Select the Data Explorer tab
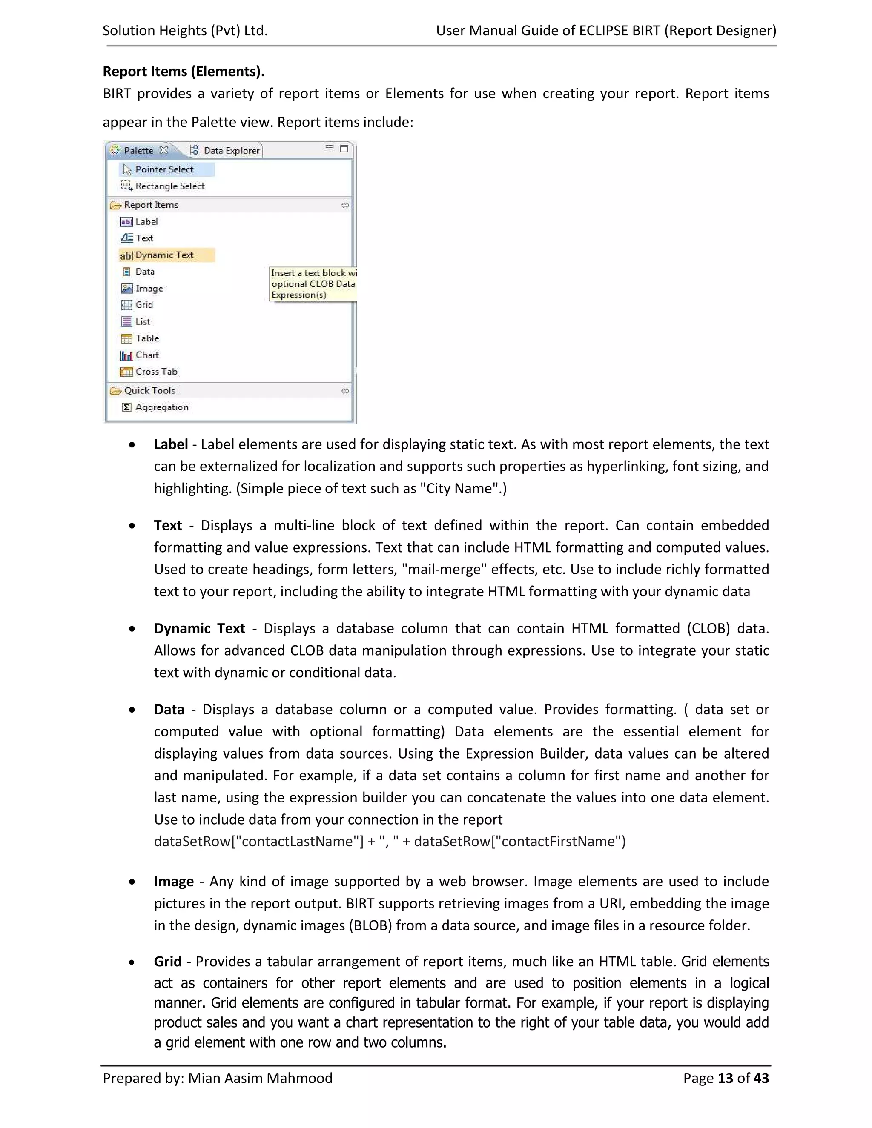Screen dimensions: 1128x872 click(x=230, y=150)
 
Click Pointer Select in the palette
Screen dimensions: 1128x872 click(x=164, y=169)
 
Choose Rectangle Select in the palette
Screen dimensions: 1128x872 click(x=169, y=186)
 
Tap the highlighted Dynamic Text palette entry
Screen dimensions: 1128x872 click(x=164, y=255)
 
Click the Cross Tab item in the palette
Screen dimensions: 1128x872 click(x=155, y=372)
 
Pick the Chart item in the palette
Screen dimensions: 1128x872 click(x=147, y=355)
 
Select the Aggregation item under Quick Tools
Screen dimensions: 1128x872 click(x=161, y=407)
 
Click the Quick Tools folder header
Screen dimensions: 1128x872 click(x=149, y=390)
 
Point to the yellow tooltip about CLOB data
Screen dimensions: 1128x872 click(x=313, y=284)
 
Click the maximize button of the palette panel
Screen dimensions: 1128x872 click(x=344, y=149)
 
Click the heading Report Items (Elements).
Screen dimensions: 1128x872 click(x=184, y=71)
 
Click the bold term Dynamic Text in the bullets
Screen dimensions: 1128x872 click(x=199, y=629)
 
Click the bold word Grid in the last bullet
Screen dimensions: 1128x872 click(x=167, y=962)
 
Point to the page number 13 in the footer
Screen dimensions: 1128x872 click(x=725, y=1079)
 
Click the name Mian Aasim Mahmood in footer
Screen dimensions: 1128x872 click(x=260, y=1079)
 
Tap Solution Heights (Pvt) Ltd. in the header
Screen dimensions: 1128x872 click(x=185, y=31)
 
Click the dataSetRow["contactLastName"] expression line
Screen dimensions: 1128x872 click(x=390, y=842)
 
